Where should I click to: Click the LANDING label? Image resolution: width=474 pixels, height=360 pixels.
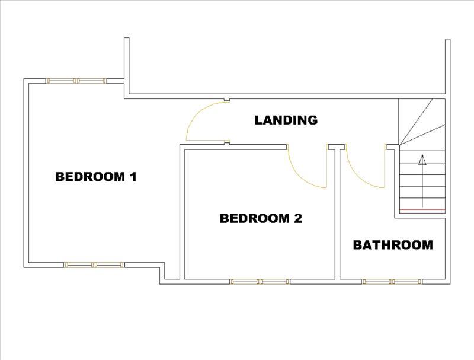point(286,120)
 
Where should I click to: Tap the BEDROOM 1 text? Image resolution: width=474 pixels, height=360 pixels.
point(96,177)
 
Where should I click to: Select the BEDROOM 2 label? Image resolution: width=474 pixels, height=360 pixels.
point(261,218)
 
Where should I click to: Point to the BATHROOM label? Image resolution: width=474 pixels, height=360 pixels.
point(393,245)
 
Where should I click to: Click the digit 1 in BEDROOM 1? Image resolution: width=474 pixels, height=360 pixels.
point(133,177)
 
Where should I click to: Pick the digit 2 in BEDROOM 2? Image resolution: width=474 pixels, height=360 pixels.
point(298,218)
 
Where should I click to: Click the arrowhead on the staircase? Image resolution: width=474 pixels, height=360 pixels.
point(422,160)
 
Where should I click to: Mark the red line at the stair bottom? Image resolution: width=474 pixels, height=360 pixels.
point(422,209)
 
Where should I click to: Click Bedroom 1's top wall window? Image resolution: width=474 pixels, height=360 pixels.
point(76,81)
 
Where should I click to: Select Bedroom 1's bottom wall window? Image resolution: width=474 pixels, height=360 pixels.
point(94,265)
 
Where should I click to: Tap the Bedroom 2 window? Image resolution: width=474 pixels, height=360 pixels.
point(260,282)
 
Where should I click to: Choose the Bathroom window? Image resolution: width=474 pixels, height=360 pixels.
point(392,282)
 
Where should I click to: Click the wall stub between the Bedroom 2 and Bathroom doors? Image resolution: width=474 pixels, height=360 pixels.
point(337,147)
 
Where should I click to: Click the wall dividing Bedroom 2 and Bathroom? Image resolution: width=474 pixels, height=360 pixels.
point(337,214)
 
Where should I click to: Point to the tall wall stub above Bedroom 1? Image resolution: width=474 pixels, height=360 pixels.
point(127,66)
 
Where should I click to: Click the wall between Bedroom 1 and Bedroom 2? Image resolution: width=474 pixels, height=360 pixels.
point(182,212)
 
